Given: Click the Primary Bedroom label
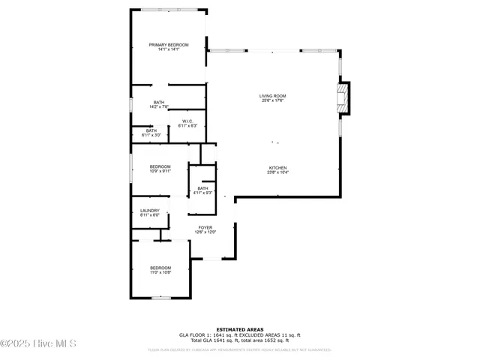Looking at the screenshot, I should [168, 45].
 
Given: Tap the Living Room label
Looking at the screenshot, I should [273, 96].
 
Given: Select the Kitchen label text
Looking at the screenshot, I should [278, 167].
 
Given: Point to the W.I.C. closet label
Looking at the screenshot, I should [187, 121].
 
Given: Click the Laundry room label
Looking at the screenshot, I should [150, 211].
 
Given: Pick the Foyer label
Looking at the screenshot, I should [205, 227].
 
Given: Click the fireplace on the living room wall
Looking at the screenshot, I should [343, 97].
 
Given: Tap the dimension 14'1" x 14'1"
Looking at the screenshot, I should [168, 50].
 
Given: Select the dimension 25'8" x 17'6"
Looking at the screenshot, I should [273, 101].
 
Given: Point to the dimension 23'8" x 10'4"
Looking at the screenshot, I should [278, 172].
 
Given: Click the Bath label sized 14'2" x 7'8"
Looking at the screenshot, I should [159, 102].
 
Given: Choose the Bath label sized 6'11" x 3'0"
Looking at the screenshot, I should [151, 131].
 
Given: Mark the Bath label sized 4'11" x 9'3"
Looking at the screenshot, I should [202, 188].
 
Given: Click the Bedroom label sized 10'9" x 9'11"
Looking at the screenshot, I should [160, 166].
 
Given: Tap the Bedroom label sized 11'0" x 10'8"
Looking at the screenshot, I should [160, 268].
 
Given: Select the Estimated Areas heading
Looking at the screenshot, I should [240, 329].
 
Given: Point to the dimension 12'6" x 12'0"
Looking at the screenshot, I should [205, 232].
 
